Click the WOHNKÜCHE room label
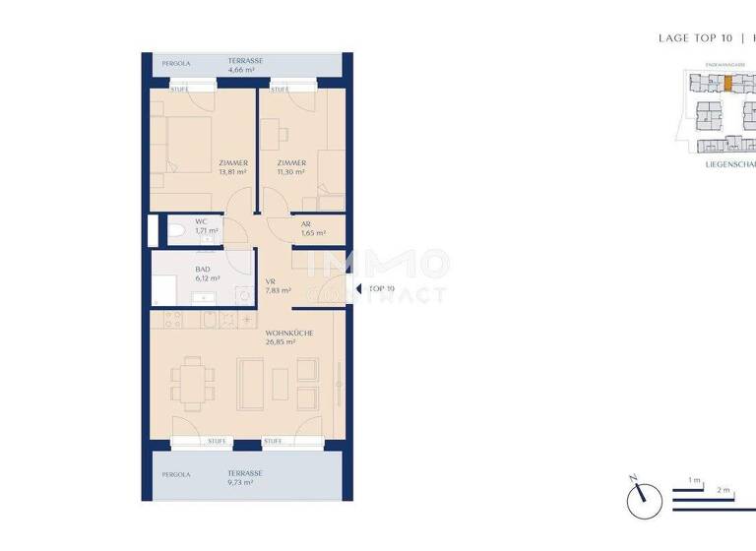pyautogui.click(x=288, y=334)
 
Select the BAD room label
pyautogui.click(x=204, y=268)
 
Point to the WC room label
pyautogui.click(x=201, y=222)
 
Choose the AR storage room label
pyautogui.click(x=306, y=224)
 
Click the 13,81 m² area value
pyautogui.click(x=232, y=171)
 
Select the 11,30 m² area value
pyautogui.click(x=291, y=171)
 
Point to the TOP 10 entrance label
pyautogui.click(x=381, y=289)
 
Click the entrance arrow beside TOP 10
pyautogui.click(x=358, y=289)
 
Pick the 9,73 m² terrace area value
pyautogui.click(x=239, y=483)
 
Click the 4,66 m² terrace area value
pyautogui.click(x=242, y=71)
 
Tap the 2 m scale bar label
pyautogui.click(x=722, y=489)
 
